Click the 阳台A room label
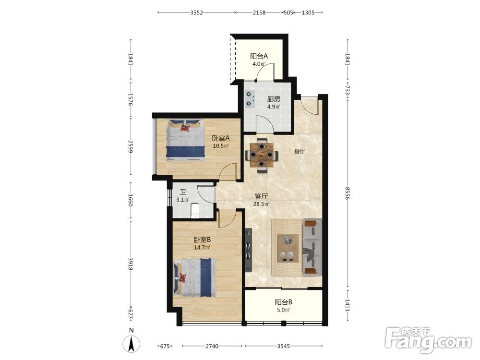259,56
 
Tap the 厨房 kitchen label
274,99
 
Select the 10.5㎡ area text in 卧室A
221,146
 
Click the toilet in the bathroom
195,211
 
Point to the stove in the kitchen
250,99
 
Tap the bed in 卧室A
185,140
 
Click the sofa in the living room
312,246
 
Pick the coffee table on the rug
288,248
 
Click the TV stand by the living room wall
248,250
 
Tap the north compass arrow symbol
132,344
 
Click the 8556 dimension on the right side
347,193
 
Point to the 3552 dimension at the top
196,12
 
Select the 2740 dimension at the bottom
212,346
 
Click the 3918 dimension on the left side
131,264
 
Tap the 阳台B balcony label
284,302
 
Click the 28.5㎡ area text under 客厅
261,204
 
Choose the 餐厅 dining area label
300,151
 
